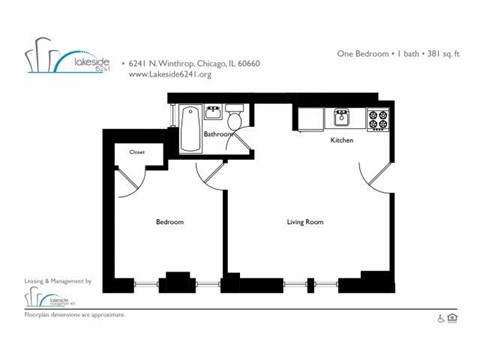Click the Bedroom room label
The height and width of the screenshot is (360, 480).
[x=169, y=221]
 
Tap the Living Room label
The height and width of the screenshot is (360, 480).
[x=304, y=221]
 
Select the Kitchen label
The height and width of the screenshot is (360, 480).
[x=342, y=141]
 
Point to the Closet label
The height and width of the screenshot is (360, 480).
[x=137, y=152]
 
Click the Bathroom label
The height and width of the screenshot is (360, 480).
[x=219, y=133]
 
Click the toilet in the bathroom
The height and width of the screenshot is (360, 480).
[x=234, y=110]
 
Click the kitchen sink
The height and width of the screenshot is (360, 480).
[x=341, y=117]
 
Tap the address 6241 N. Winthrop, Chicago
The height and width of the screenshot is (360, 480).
[x=194, y=62]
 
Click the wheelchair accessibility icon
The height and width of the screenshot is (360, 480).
[x=439, y=319]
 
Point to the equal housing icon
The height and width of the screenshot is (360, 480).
[x=452, y=319]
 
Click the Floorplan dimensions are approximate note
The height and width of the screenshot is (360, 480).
[x=75, y=315]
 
